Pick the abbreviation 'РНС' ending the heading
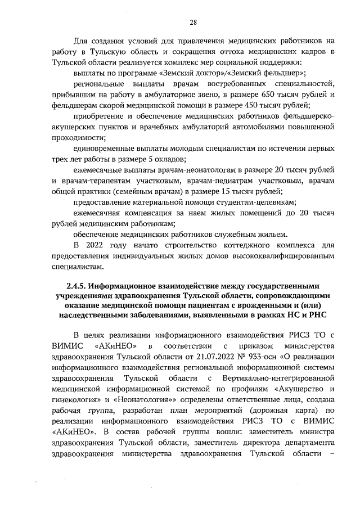pos(317,316)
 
